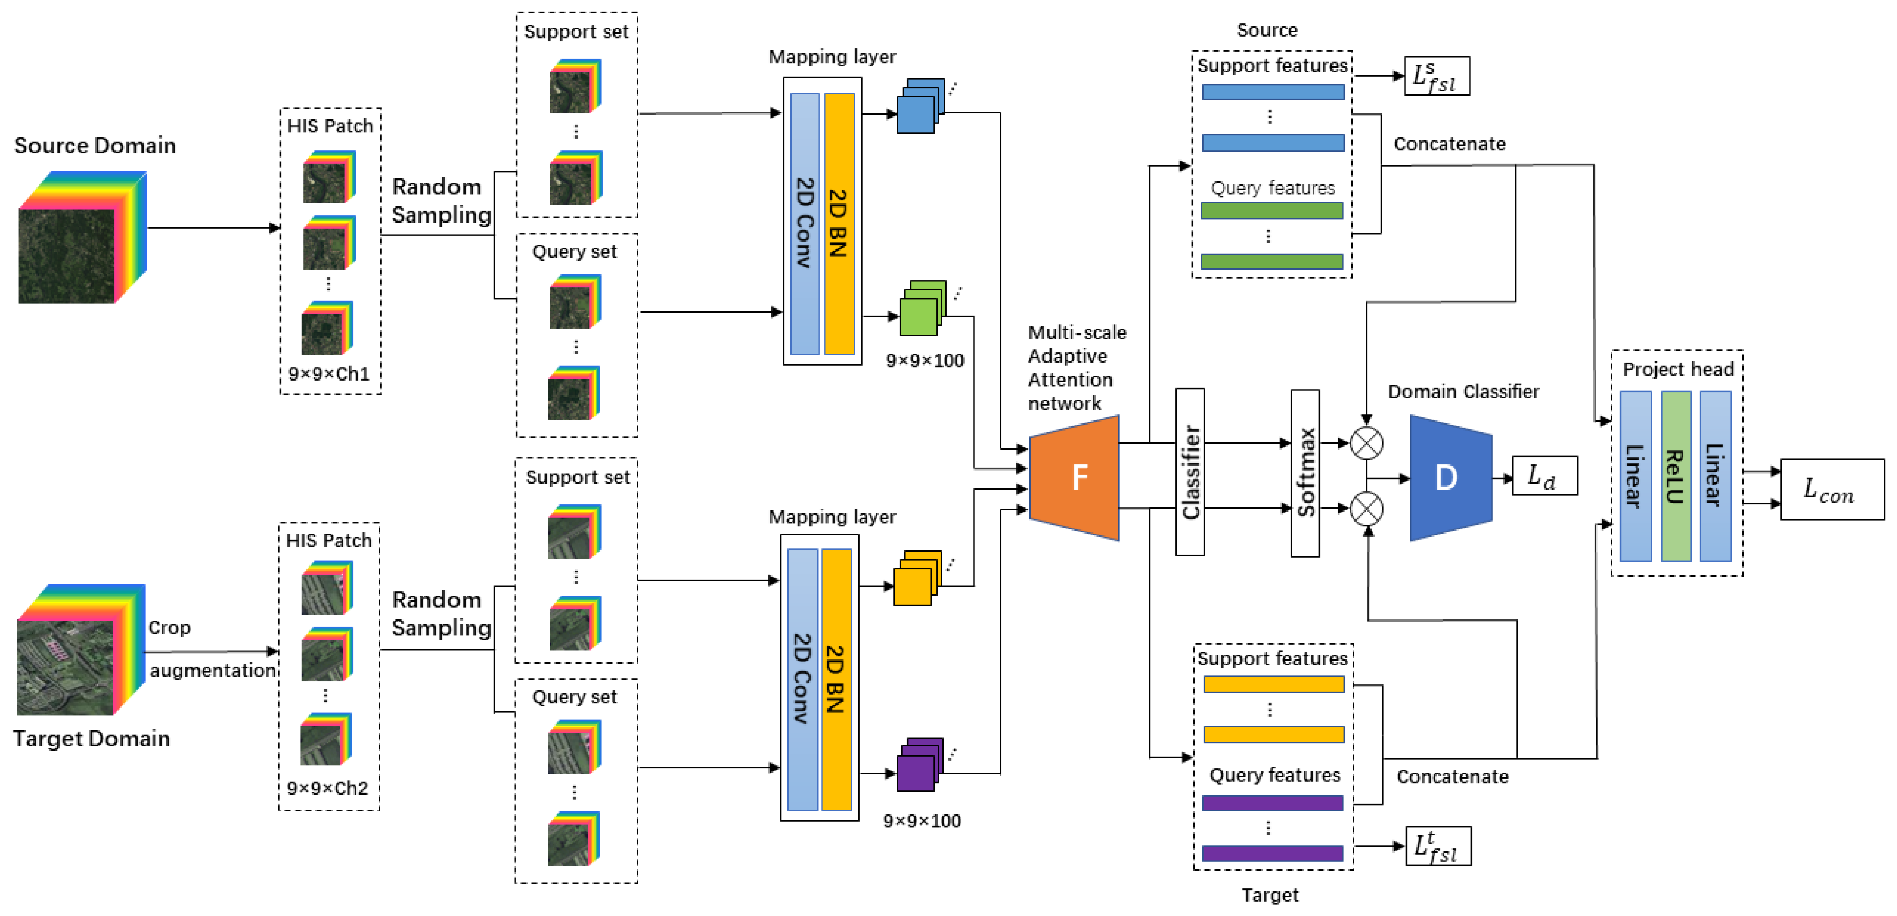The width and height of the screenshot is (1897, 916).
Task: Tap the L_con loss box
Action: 1832,490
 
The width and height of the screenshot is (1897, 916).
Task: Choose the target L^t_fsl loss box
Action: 1437,846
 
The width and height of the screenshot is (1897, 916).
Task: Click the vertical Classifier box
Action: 1190,472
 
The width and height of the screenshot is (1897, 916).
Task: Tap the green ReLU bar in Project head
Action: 1675,477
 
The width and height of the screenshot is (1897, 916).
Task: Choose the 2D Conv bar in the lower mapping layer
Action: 802,679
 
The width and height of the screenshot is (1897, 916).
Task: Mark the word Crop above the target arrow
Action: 169,627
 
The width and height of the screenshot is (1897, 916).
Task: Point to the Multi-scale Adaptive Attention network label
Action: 1076,368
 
